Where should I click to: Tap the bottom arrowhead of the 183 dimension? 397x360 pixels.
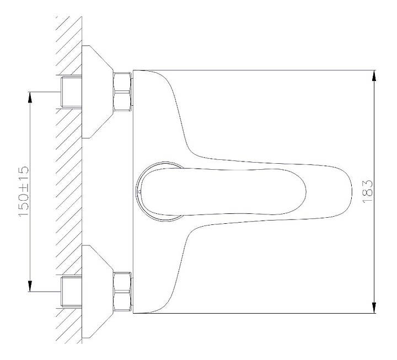point(374,309)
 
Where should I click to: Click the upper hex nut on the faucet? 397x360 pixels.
point(122,91)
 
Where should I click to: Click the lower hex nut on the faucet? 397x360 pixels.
point(122,292)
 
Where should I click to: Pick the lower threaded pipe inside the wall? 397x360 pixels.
point(70,292)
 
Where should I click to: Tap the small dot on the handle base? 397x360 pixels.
point(141,192)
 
